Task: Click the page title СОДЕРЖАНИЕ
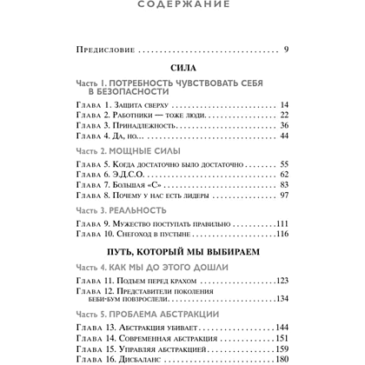(x=182, y=5)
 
